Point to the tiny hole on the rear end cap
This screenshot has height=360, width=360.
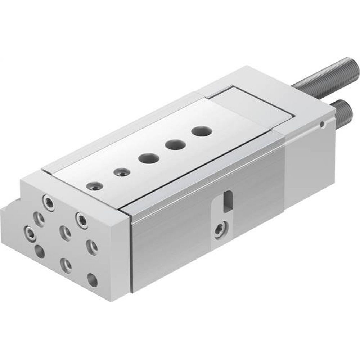323,125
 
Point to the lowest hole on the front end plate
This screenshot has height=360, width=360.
93,280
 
